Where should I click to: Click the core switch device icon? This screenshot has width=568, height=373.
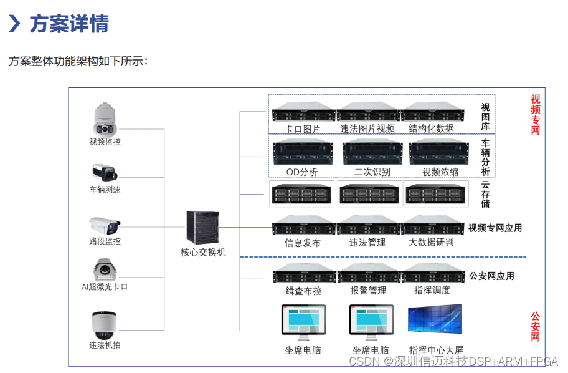(202, 228)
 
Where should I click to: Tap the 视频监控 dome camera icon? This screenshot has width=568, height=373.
(105, 119)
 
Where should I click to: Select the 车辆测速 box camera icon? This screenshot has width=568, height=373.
(104, 172)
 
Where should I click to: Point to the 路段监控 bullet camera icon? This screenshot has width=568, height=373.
(105, 225)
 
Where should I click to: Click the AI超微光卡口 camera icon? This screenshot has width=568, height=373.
(105, 269)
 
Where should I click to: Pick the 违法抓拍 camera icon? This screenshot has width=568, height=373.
(104, 325)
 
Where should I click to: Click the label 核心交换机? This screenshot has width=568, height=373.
(203, 253)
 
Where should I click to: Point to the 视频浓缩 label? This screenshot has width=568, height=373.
(440, 172)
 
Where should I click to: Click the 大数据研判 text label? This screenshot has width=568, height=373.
(431, 242)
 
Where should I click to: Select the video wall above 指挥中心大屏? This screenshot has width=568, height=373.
(435, 319)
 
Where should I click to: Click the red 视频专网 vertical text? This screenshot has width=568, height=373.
(535, 114)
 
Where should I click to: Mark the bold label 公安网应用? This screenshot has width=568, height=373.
(491, 276)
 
